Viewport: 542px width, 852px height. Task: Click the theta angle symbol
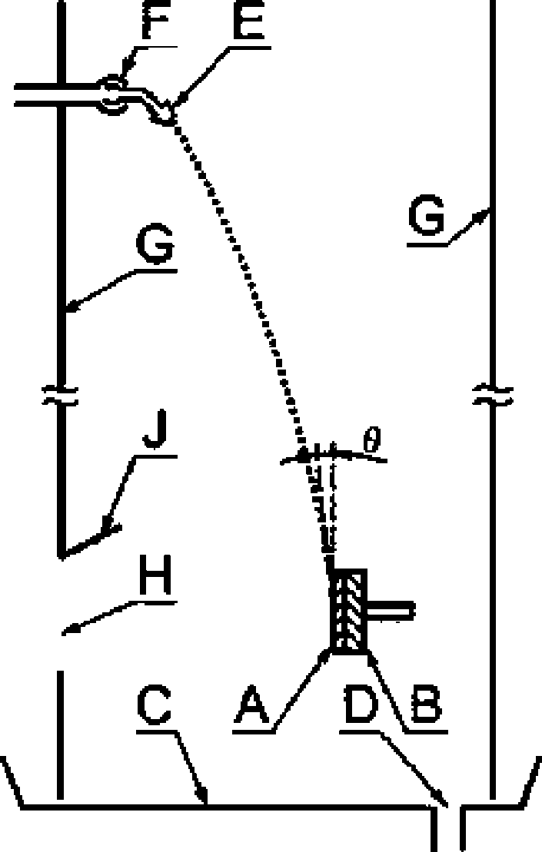point(371,442)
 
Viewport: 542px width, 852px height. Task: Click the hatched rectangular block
point(349,612)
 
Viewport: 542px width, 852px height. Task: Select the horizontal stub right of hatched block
point(391,612)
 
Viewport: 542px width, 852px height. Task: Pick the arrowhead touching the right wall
point(485,214)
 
